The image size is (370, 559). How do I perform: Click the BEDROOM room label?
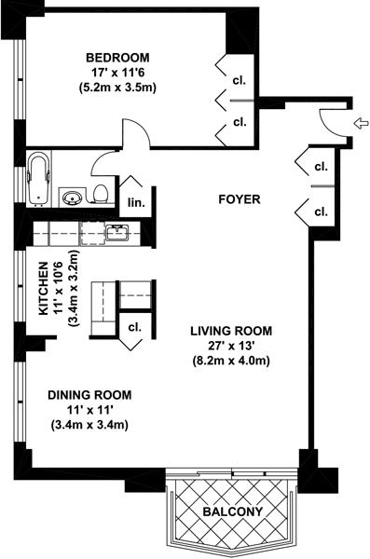click(117, 58)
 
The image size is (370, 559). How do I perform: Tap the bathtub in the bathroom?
click(38, 179)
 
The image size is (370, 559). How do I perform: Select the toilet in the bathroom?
click(100, 195)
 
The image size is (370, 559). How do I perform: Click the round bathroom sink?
click(73, 197)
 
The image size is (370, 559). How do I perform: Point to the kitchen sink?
click(117, 233)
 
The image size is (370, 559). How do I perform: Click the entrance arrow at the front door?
click(361, 124)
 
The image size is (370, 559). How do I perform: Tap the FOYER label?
click(240, 199)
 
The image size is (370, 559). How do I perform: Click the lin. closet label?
click(136, 203)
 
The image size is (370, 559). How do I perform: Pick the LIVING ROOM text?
click(231, 331)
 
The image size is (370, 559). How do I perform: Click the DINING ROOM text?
click(89, 395)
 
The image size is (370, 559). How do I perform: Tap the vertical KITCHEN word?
click(43, 289)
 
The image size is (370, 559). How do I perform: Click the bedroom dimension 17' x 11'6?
click(117, 73)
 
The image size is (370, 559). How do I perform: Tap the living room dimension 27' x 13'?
click(231, 346)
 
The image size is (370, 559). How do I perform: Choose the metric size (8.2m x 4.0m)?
click(231, 361)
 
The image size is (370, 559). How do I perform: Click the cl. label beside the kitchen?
click(135, 327)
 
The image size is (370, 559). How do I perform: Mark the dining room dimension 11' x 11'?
click(89, 410)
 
